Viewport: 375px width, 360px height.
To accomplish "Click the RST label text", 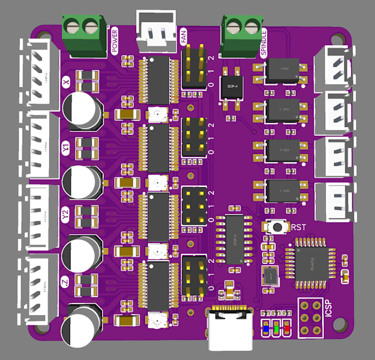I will coord(298,227).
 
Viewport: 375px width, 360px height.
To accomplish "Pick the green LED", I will coord(277,329).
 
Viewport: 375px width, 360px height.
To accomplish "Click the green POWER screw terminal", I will coord(84,34).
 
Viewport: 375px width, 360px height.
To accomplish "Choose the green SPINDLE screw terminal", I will coord(242,34).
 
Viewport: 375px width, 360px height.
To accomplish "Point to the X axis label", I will coord(66,83).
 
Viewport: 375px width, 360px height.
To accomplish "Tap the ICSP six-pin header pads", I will coord(310,317).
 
